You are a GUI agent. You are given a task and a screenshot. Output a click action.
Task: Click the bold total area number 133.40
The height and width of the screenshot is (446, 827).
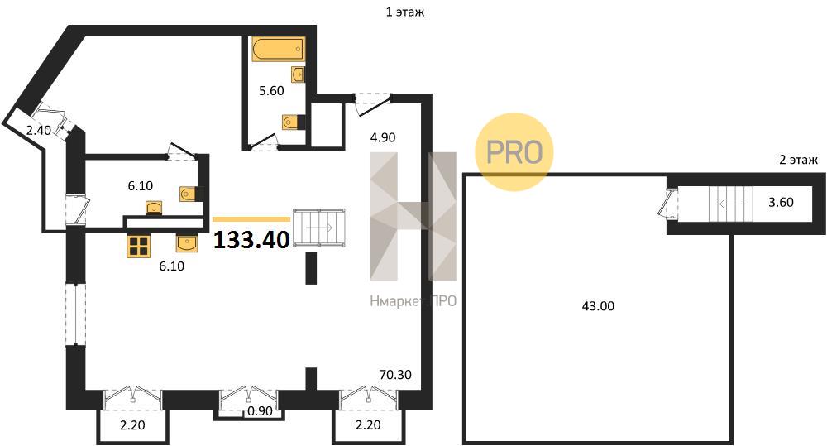point(251,240)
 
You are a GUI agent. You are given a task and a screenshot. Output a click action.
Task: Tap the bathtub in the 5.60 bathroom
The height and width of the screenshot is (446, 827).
point(278,49)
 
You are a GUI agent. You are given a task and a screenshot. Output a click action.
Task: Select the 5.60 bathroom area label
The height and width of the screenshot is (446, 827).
point(271,91)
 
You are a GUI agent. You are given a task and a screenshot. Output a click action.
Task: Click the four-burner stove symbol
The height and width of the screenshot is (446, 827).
point(140,246)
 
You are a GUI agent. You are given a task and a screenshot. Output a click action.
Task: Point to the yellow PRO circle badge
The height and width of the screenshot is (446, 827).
point(514,151)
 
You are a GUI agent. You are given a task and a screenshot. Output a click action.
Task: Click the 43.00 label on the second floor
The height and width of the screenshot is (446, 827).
point(598,306)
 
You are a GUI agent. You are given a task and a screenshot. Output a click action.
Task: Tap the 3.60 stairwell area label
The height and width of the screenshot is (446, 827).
point(781,202)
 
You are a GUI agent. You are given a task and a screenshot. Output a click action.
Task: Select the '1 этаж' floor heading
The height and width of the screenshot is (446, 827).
point(405,12)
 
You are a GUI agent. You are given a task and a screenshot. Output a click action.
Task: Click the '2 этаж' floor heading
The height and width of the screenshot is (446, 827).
point(799,160)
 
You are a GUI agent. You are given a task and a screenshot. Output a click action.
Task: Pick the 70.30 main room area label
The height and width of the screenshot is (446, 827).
point(395,375)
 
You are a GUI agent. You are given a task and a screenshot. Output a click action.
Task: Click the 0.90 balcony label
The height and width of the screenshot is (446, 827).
point(260,411)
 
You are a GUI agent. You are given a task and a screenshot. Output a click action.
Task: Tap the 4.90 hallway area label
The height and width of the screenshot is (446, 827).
point(382,137)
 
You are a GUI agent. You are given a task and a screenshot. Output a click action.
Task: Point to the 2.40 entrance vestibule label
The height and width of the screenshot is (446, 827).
point(39,130)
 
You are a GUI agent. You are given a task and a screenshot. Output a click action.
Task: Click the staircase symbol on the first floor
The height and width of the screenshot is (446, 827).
point(319,228)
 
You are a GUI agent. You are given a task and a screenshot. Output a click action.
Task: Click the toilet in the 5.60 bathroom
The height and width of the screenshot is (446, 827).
point(294,122)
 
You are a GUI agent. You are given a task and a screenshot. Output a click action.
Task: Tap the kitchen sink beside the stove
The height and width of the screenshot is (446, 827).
point(187,243)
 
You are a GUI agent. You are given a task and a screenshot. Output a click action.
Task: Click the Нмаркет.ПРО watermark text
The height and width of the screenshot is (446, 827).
point(413,301)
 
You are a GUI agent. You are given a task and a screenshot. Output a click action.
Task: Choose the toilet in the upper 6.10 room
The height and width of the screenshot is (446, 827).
point(190,194)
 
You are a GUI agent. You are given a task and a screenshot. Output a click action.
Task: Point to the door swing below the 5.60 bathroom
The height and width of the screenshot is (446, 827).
point(264,142)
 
